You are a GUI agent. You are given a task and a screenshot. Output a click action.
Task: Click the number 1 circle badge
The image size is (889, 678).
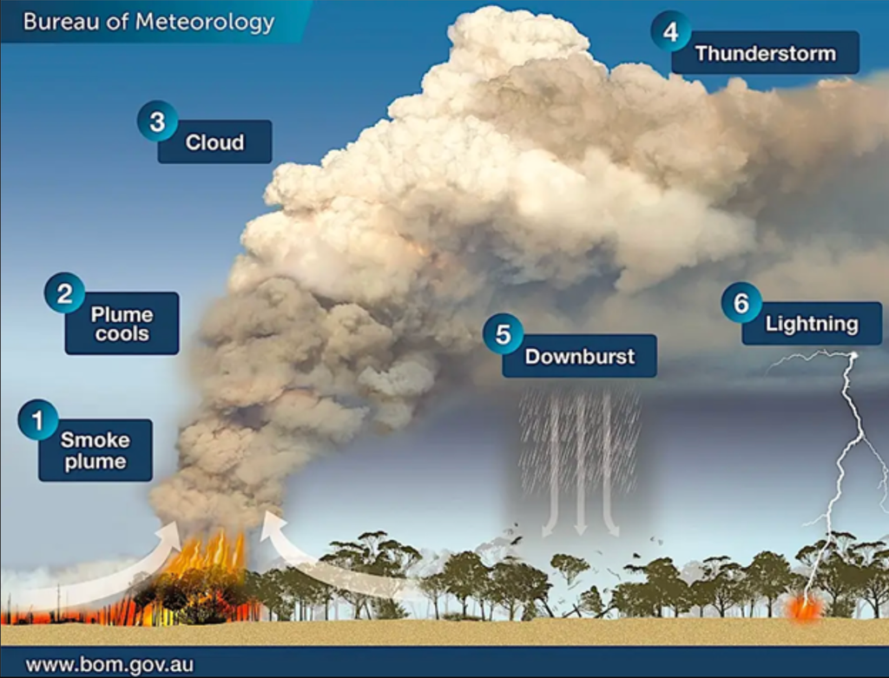[38, 421]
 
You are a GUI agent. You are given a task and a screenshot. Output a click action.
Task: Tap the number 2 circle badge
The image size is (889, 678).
[65, 293]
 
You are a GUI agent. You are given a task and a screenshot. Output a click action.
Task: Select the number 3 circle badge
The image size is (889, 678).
[157, 122]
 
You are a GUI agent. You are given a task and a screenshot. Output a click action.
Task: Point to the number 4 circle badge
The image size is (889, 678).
[670, 33]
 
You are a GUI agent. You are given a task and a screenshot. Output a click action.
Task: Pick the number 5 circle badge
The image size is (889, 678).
[504, 334]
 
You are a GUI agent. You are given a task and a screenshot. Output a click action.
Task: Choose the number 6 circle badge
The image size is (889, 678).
[741, 304]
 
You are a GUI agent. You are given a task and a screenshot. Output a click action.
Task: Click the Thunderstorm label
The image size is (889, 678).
[765, 54]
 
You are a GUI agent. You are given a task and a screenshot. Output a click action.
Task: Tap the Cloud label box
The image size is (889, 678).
[214, 142]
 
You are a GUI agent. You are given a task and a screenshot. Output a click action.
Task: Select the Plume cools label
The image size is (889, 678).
[122, 324]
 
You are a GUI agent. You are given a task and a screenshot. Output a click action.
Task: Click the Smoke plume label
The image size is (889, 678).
[95, 451]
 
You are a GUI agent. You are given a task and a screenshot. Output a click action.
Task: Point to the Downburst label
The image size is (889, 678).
[579, 356]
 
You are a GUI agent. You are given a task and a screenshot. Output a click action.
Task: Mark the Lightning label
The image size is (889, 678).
[812, 325]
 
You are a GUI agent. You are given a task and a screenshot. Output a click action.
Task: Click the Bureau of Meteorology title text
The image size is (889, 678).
[148, 22]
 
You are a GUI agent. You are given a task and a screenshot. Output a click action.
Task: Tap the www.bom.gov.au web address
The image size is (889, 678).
[109, 665]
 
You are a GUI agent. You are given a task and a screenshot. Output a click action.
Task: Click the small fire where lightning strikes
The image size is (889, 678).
[804, 608]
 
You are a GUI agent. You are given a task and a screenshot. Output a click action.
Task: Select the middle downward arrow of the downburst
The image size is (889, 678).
[580, 469]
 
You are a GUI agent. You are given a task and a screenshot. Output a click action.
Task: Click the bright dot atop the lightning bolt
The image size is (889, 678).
[854, 356]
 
